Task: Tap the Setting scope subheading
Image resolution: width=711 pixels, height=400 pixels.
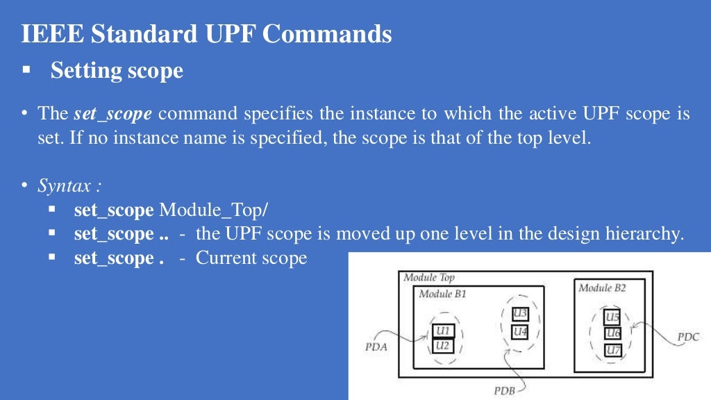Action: (117, 70)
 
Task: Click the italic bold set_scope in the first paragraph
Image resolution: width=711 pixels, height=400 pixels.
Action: (112, 114)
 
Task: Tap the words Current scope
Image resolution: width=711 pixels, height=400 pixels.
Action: (251, 258)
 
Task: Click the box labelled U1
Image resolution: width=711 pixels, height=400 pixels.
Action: (444, 331)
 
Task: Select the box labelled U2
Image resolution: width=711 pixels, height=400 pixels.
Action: (444, 345)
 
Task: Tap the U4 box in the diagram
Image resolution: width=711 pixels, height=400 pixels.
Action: (520, 332)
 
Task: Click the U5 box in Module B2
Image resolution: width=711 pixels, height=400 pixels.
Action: (612, 318)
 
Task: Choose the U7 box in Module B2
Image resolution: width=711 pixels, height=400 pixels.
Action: (612, 349)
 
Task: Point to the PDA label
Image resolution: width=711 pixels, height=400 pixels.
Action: (376, 347)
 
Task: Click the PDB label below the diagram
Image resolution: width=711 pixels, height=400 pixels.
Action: (504, 390)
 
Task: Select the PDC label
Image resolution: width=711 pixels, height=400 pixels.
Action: (688, 337)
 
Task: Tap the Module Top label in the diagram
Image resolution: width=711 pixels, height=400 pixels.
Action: (429, 277)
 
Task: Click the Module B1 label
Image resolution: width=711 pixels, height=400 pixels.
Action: (442, 294)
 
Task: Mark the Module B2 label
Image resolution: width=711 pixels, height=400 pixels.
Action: (602, 287)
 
